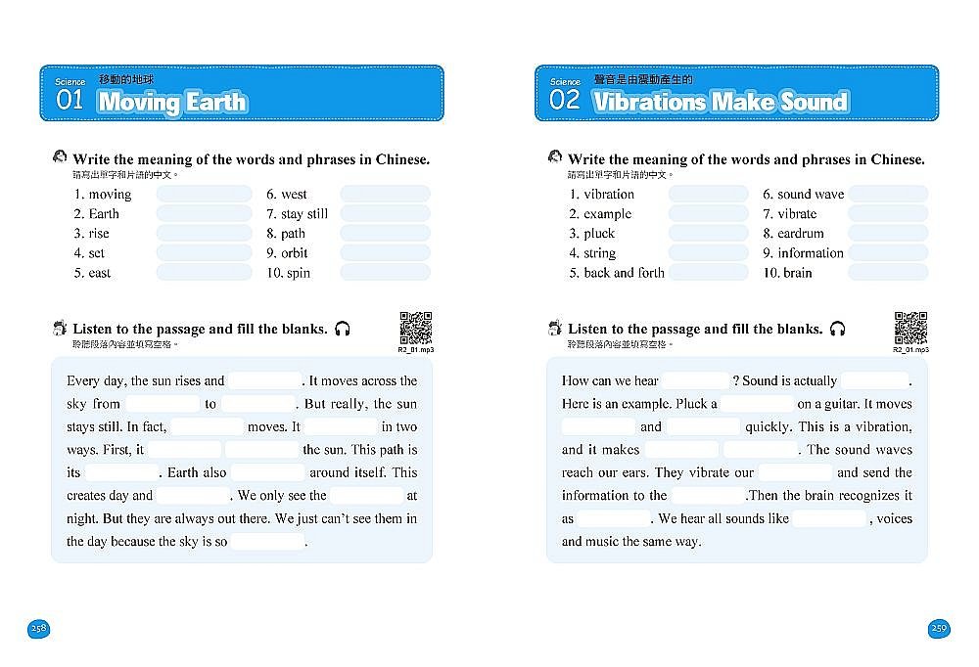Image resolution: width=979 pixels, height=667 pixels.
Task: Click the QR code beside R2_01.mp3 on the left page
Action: tap(416, 327)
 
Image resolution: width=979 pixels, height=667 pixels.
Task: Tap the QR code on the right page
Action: tap(910, 327)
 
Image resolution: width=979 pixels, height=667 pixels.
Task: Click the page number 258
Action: tap(38, 628)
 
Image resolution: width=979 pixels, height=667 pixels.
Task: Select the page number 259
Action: tap(939, 628)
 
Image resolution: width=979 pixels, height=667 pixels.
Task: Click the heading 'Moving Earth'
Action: tap(172, 102)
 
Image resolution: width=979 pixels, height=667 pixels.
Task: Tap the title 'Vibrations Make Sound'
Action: tap(720, 102)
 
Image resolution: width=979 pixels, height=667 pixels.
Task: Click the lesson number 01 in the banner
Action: tap(70, 101)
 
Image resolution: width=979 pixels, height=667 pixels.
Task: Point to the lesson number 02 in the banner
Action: tap(565, 101)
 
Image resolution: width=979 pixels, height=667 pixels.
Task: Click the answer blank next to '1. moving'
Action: tap(204, 194)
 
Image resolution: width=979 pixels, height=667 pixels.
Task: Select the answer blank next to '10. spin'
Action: tap(385, 273)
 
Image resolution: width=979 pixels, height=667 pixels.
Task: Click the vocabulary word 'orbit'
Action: tap(294, 252)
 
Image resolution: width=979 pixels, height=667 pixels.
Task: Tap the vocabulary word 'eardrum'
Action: tap(800, 233)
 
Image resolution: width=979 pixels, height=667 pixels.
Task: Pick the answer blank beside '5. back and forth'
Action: tap(708, 273)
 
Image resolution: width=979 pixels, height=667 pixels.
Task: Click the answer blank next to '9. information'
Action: tap(888, 252)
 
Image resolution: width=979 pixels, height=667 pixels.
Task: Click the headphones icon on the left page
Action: tap(342, 329)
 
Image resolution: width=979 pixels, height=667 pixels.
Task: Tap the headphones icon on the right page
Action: tap(837, 329)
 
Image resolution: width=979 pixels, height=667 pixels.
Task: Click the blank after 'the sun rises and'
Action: tap(265, 380)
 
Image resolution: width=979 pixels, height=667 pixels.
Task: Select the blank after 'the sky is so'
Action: tap(267, 541)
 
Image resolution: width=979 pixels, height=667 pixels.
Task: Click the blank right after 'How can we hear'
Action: tap(695, 380)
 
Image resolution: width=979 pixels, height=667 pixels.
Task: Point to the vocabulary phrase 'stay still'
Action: tap(304, 213)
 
